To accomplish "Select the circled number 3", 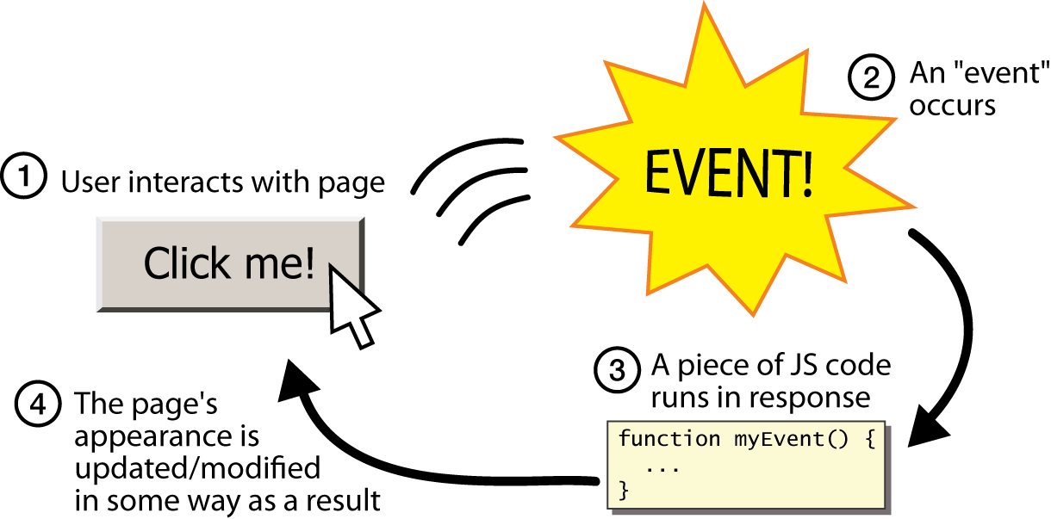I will tap(618, 369).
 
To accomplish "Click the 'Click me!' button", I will tap(229, 263).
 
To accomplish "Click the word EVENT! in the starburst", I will tap(729, 177).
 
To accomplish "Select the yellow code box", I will tap(746, 465).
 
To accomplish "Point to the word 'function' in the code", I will tap(669, 439).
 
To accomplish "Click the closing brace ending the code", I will tap(625, 491).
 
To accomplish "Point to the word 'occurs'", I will tap(953, 106).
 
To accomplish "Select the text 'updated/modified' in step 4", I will tap(197, 469).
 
